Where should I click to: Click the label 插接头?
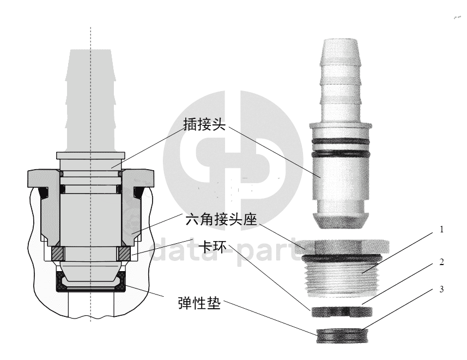tap(204, 124)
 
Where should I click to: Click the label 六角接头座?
tap(221, 220)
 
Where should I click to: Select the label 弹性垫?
tap(199, 303)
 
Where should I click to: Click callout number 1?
tap(442, 230)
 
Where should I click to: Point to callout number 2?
tap(442, 262)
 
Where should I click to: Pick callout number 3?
tap(442, 289)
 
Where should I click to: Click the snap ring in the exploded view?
tap(342, 311)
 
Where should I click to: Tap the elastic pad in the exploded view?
tap(342, 336)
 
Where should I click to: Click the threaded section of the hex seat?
tap(342, 278)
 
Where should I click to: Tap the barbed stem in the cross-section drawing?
tap(90, 101)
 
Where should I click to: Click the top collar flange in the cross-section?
tap(90, 155)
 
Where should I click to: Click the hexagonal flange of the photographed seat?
tap(343, 247)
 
